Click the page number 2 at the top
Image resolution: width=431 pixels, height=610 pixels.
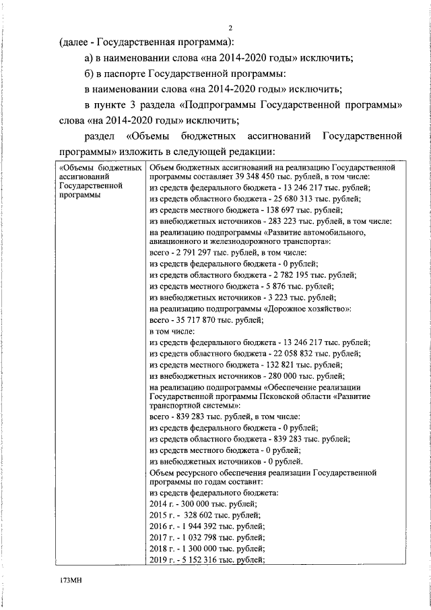[x=230, y=28]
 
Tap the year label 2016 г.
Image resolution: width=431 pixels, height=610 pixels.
[x=161, y=526]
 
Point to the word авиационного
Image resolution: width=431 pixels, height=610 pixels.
[x=176, y=241]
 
